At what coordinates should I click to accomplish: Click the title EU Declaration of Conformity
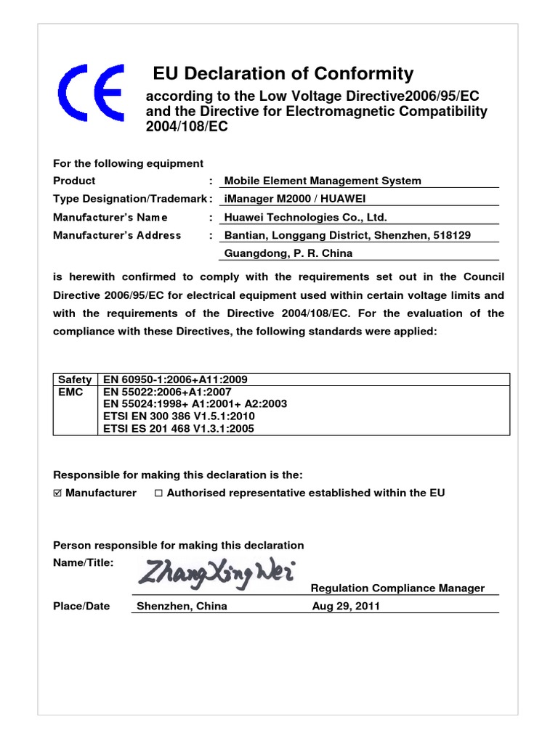(x=283, y=74)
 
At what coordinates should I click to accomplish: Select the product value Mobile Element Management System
(x=323, y=181)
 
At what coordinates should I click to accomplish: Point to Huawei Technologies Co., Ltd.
(x=306, y=217)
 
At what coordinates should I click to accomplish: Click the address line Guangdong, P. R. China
(x=288, y=253)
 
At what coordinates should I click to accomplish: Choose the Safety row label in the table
(x=75, y=379)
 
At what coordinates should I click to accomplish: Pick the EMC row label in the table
(x=71, y=392)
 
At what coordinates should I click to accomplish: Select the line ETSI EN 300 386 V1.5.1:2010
(x=179, y=416)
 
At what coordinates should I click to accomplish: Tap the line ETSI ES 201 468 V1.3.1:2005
(x=179, y=429)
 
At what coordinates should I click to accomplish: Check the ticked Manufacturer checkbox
(x=58, y=493)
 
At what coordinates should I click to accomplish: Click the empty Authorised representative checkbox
(x=158, y=493)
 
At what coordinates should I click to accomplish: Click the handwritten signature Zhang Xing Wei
(x=215, y=573)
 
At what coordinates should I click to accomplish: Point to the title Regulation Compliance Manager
(x=397, y=588)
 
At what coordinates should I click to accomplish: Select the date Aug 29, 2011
(x=346, y=607)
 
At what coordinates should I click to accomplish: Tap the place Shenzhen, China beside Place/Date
(x=182, y=607)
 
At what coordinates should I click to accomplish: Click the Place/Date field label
(x=81, y=607)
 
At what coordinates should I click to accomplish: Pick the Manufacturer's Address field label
(x=117, y=235)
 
